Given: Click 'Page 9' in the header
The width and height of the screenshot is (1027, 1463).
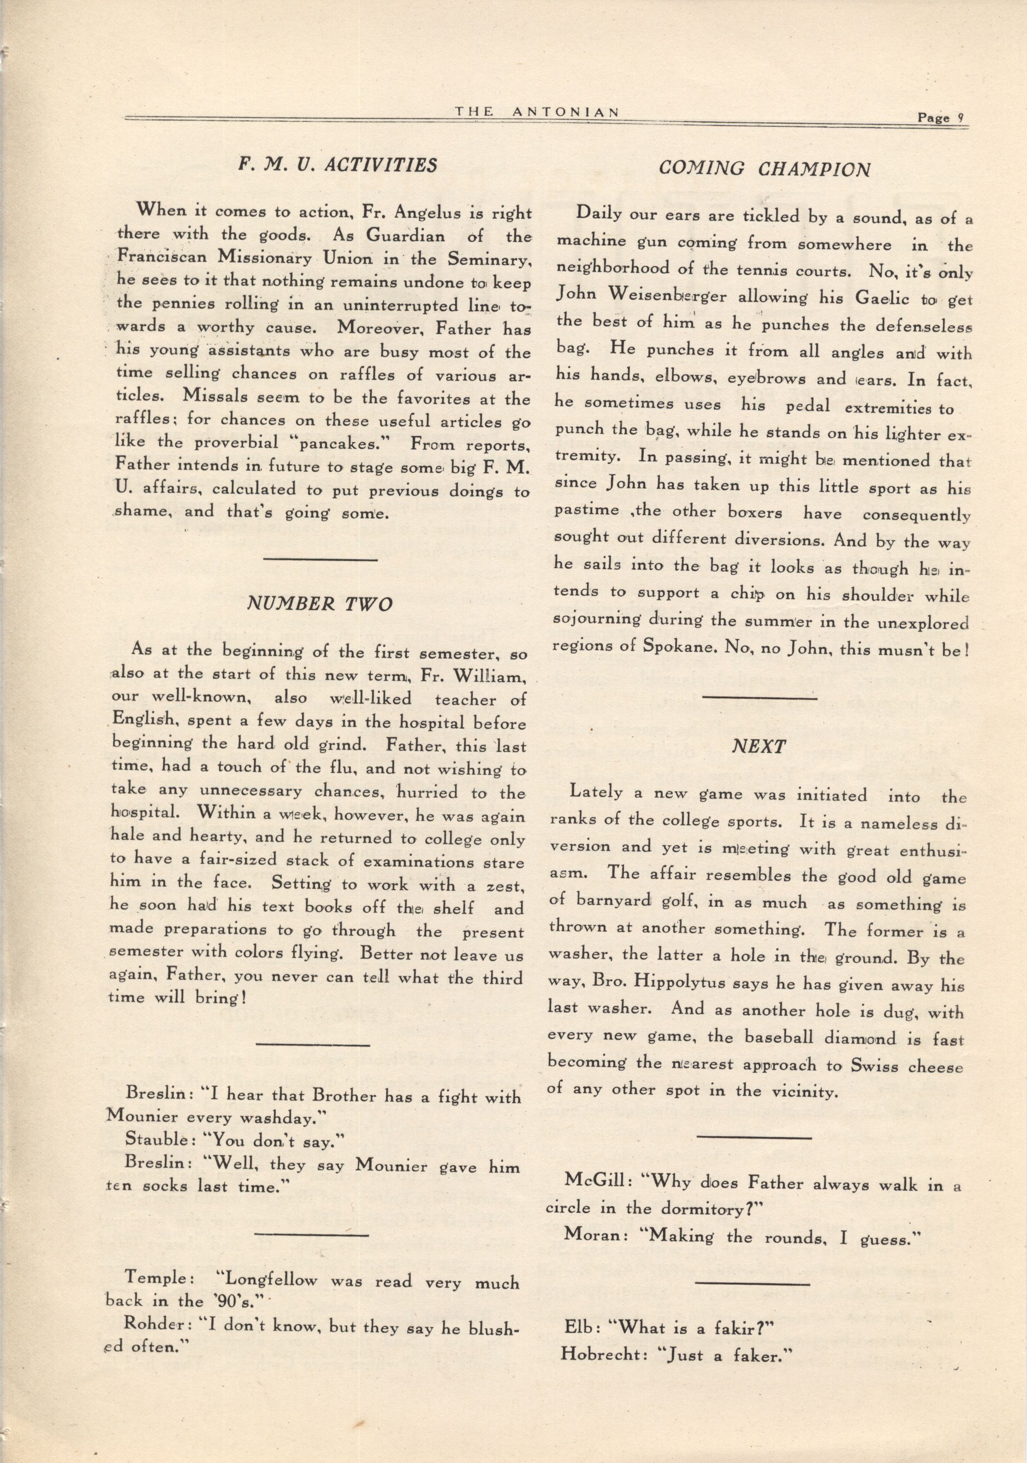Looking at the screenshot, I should (939, 118).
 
